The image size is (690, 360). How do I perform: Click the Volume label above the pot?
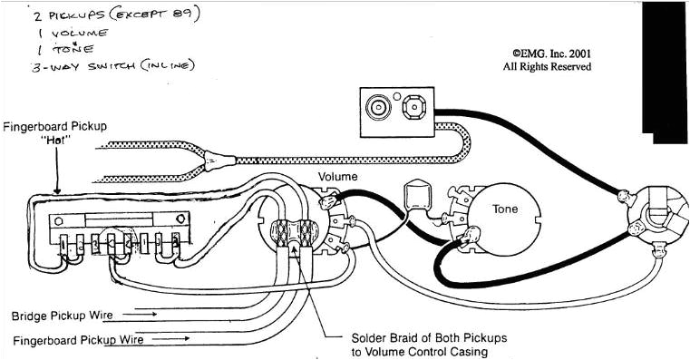(337, 177)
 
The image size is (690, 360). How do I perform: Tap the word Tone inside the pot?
(505, 209)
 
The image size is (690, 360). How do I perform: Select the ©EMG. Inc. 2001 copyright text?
(551, 54)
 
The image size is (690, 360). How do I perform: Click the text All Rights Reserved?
(547, 67)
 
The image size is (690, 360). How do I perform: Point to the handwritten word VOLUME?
(80, 33)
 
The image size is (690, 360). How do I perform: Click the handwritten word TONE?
(73, 48)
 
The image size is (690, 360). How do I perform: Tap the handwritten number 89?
(180, 15)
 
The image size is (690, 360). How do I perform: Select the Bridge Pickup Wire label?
(62, 316)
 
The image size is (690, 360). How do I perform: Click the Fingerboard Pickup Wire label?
(78, 340)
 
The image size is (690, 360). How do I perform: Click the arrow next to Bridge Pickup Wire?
(140, 315)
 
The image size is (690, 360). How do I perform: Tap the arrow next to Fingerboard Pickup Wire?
(173, 338)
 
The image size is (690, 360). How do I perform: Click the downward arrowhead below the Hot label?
(57, 190)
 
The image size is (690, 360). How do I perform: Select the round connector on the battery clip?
(379, 107)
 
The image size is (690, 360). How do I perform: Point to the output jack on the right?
(657, 220)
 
